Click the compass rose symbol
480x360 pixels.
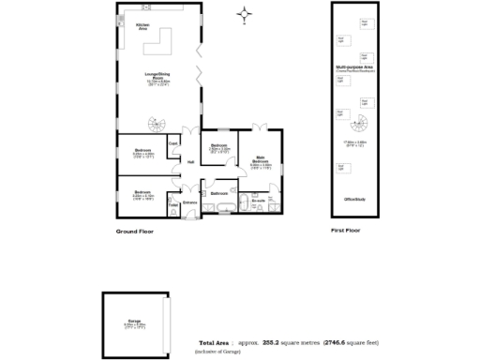tap(246, 13)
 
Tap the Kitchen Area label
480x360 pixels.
tap(143, 26)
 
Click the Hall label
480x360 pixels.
tap(190, 162)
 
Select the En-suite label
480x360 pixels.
tap(260, 199)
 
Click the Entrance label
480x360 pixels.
tap(189, 202)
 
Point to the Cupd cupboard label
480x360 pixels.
tap(173, 143)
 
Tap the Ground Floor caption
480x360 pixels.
tap(134, 231)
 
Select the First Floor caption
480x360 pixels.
tap(346, 231)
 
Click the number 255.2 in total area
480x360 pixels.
tap(274, 342)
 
